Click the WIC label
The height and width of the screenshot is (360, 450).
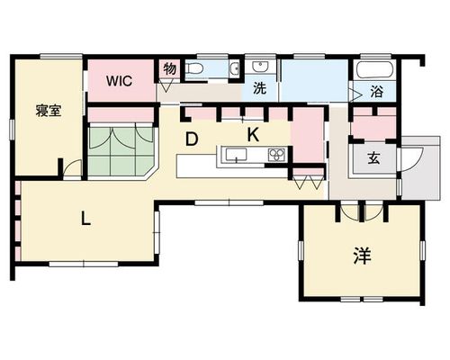click(x=119, y=81)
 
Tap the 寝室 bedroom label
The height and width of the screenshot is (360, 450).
click(x=49, y=111)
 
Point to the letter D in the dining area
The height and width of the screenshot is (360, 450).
click(x=192, y=139)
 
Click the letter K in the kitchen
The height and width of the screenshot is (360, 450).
click(x=253, y=135)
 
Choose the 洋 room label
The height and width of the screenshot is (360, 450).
click(x=363, y=256)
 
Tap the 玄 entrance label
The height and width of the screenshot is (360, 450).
click(x=373, y=157)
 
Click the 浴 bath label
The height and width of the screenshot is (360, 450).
click(x=376, y=92)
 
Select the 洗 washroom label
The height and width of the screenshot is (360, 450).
click(x=259, y=88)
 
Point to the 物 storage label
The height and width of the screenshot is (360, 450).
click(x=170, y=69)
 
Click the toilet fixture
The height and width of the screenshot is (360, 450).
click(x=194, y=68)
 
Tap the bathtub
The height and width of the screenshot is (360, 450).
click(x=374, y=70)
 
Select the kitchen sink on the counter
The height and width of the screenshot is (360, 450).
click(x=236, y=155)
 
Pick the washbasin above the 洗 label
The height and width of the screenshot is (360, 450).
click(x=260, y=67)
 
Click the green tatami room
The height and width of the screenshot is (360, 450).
click(x=121, y=151)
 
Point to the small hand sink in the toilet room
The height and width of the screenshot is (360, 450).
click(x=236, y=68)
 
